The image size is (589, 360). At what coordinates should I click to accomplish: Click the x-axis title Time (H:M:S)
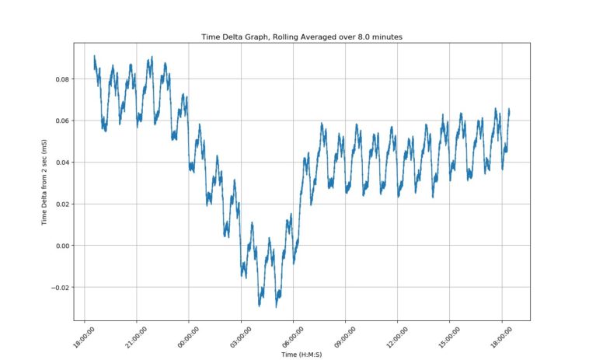[302, 355]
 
